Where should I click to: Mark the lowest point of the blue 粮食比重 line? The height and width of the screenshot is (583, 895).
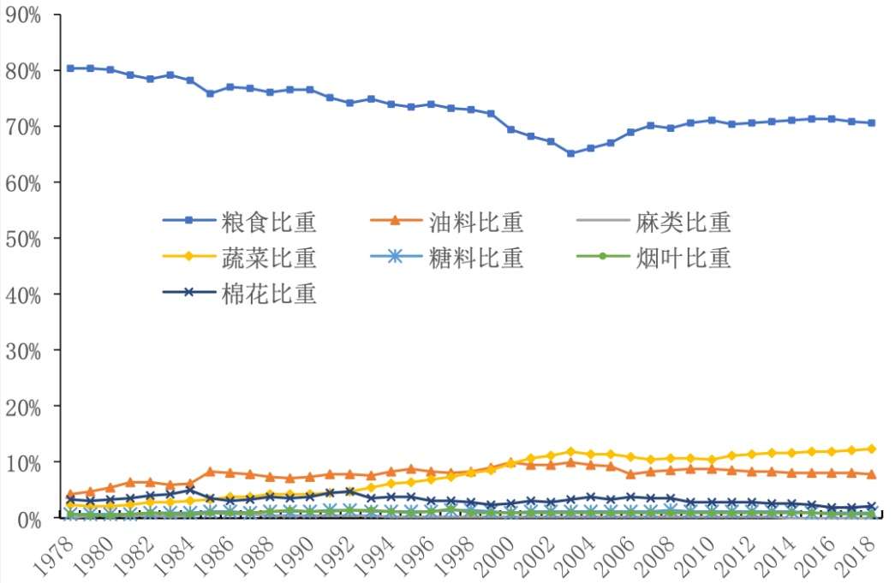tap(570, 154)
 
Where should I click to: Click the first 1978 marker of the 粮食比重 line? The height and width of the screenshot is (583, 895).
tap(69, 68)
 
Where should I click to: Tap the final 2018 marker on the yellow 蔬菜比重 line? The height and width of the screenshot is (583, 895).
tap(872, 449)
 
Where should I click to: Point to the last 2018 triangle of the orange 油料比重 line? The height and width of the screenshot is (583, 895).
tap(872, 473)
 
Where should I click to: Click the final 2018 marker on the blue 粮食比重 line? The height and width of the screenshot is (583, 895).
tap(872, 122)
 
